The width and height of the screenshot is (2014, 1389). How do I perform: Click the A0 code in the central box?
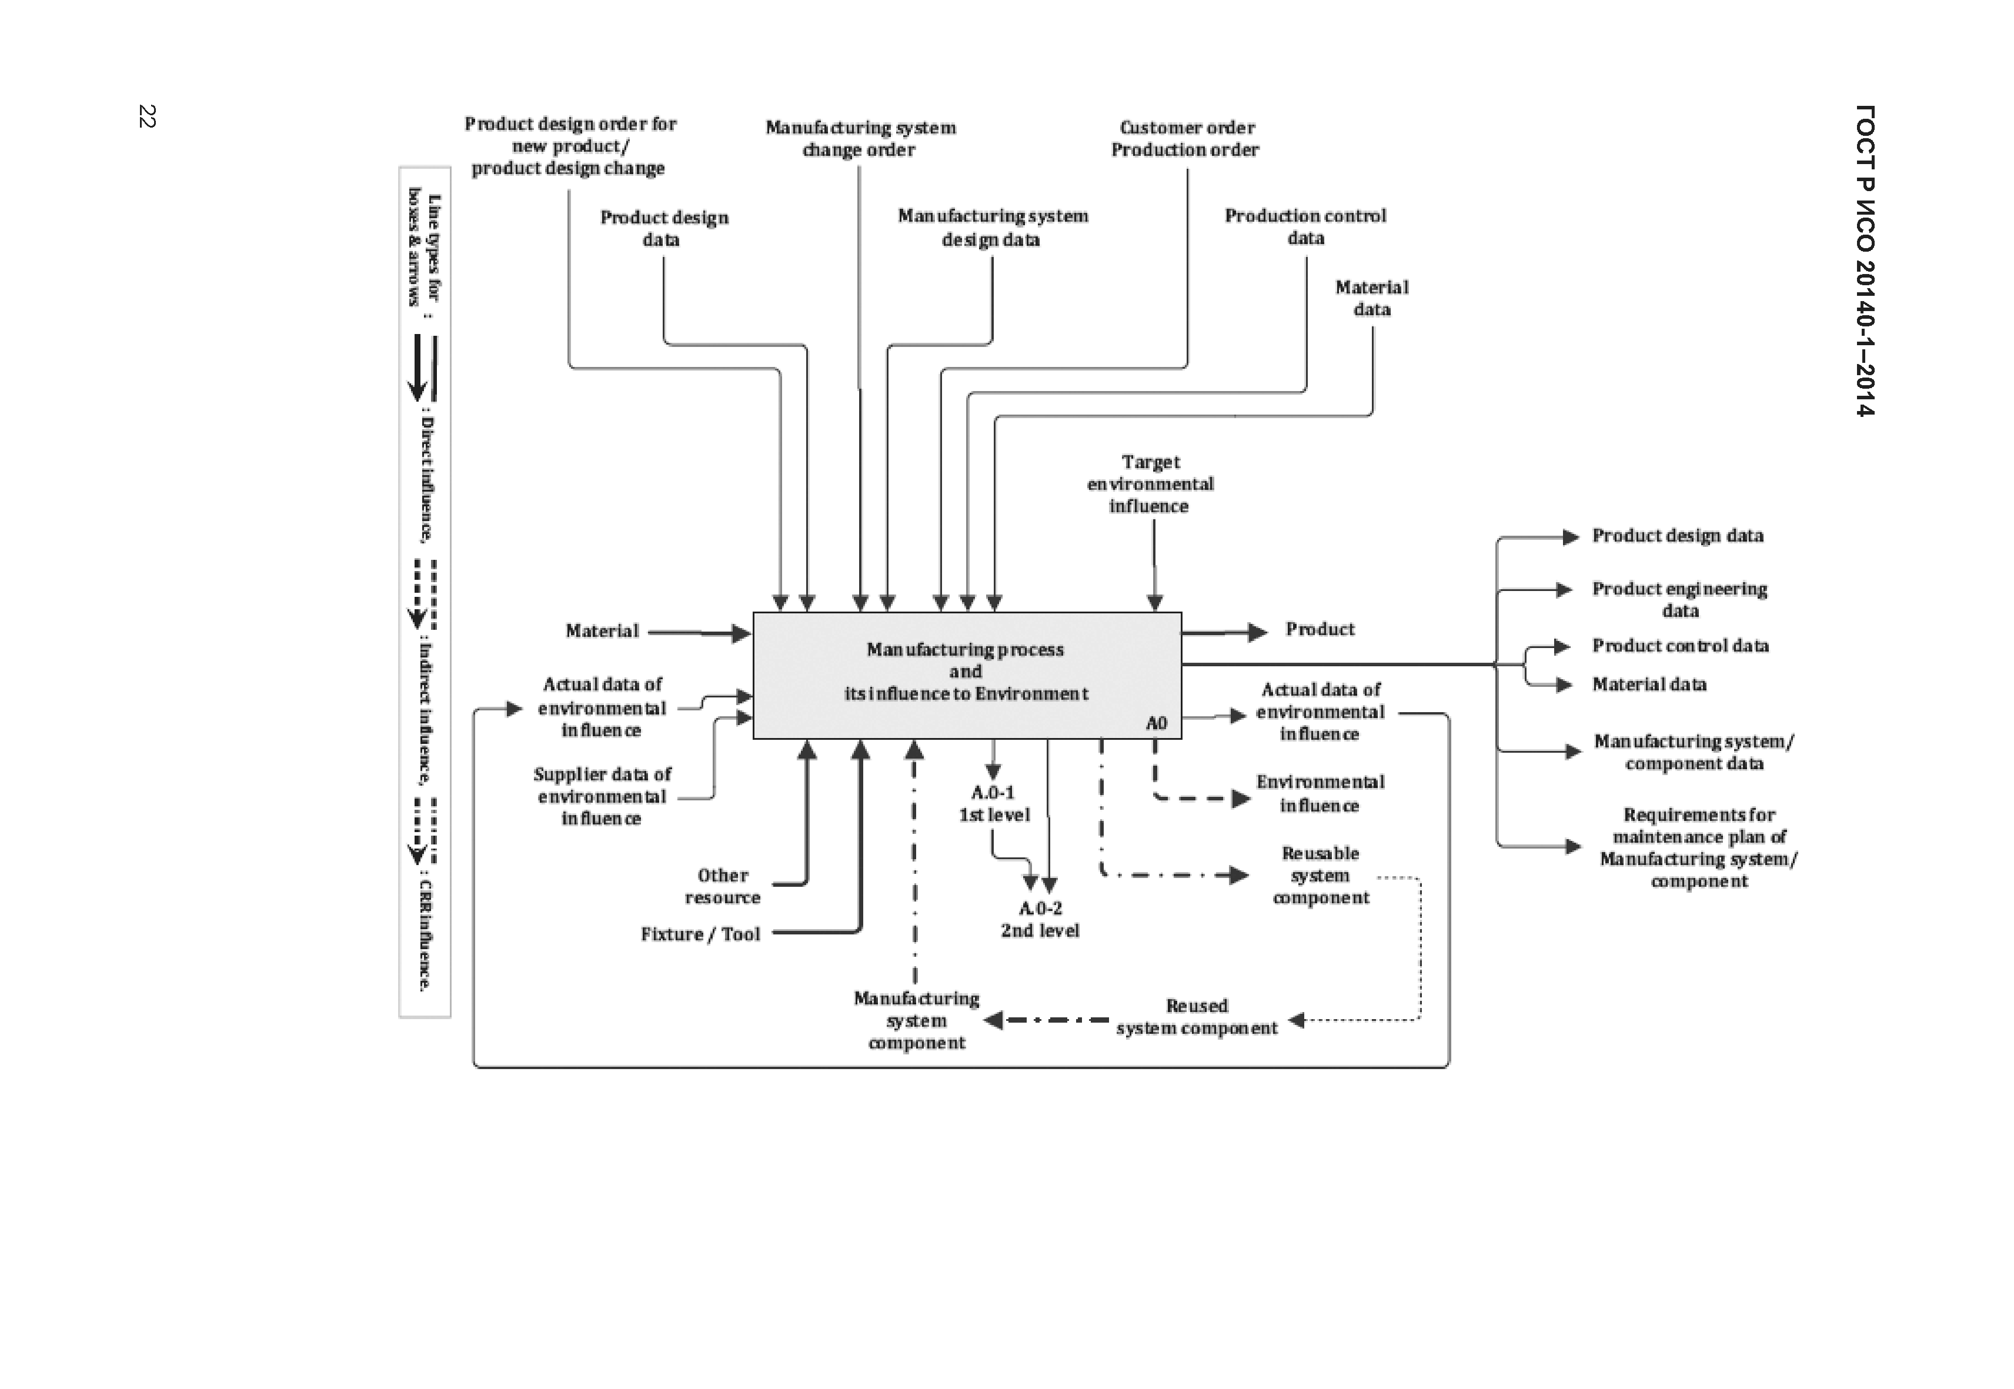click(1156, 723)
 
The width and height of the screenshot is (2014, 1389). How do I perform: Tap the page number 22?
click(147, 116)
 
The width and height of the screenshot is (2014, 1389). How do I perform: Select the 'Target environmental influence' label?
click(1150, 484)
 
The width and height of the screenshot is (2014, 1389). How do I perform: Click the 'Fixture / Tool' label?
click(700, 934)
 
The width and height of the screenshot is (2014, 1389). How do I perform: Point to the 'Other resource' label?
click(723, 886)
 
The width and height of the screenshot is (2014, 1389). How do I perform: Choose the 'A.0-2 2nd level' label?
click(1040, 919)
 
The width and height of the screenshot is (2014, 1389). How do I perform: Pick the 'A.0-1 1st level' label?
click(994, 803)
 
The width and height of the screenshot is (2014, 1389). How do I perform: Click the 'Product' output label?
click(1320, 629)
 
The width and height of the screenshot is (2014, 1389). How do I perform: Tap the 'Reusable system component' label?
click(1320, 876)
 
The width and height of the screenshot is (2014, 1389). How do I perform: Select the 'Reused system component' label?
click(1197, 1017)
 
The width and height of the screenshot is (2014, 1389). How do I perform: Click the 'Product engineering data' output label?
click(1680, 600)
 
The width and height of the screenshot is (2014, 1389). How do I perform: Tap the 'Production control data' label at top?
click(1305, 226)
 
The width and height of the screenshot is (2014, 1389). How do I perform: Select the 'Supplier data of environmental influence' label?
click(602, 796)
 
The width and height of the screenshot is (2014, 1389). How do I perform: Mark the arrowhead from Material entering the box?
click(741, 633)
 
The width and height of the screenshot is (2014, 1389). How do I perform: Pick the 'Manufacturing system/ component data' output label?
click(1694, 752)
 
